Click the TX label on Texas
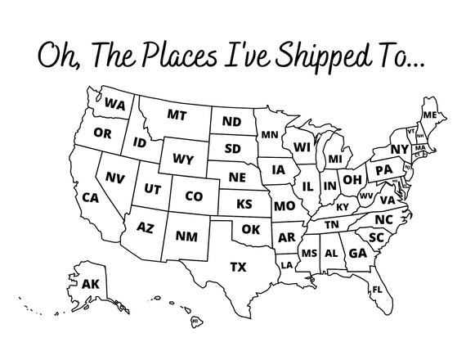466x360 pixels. click(238, 267)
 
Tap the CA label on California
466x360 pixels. click(90, 197)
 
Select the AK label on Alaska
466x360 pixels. click(92, 284)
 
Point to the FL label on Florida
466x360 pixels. click(378, 290)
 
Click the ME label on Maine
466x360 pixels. click(429, 114)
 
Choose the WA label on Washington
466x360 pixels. click(114, 105)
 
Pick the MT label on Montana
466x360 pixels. click(177, 115)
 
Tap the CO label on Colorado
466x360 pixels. click(194, 196)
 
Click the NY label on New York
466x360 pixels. click(399, 149)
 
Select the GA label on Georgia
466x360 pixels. click(356, 254)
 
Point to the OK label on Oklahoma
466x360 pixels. click(250, 229)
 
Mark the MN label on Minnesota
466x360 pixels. click(270, 134)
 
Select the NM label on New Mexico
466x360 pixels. click(186, 236)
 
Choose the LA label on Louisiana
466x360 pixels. click(287, 265)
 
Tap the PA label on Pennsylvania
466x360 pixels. click(383, 170)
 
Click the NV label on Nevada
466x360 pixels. click(115, 177)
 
